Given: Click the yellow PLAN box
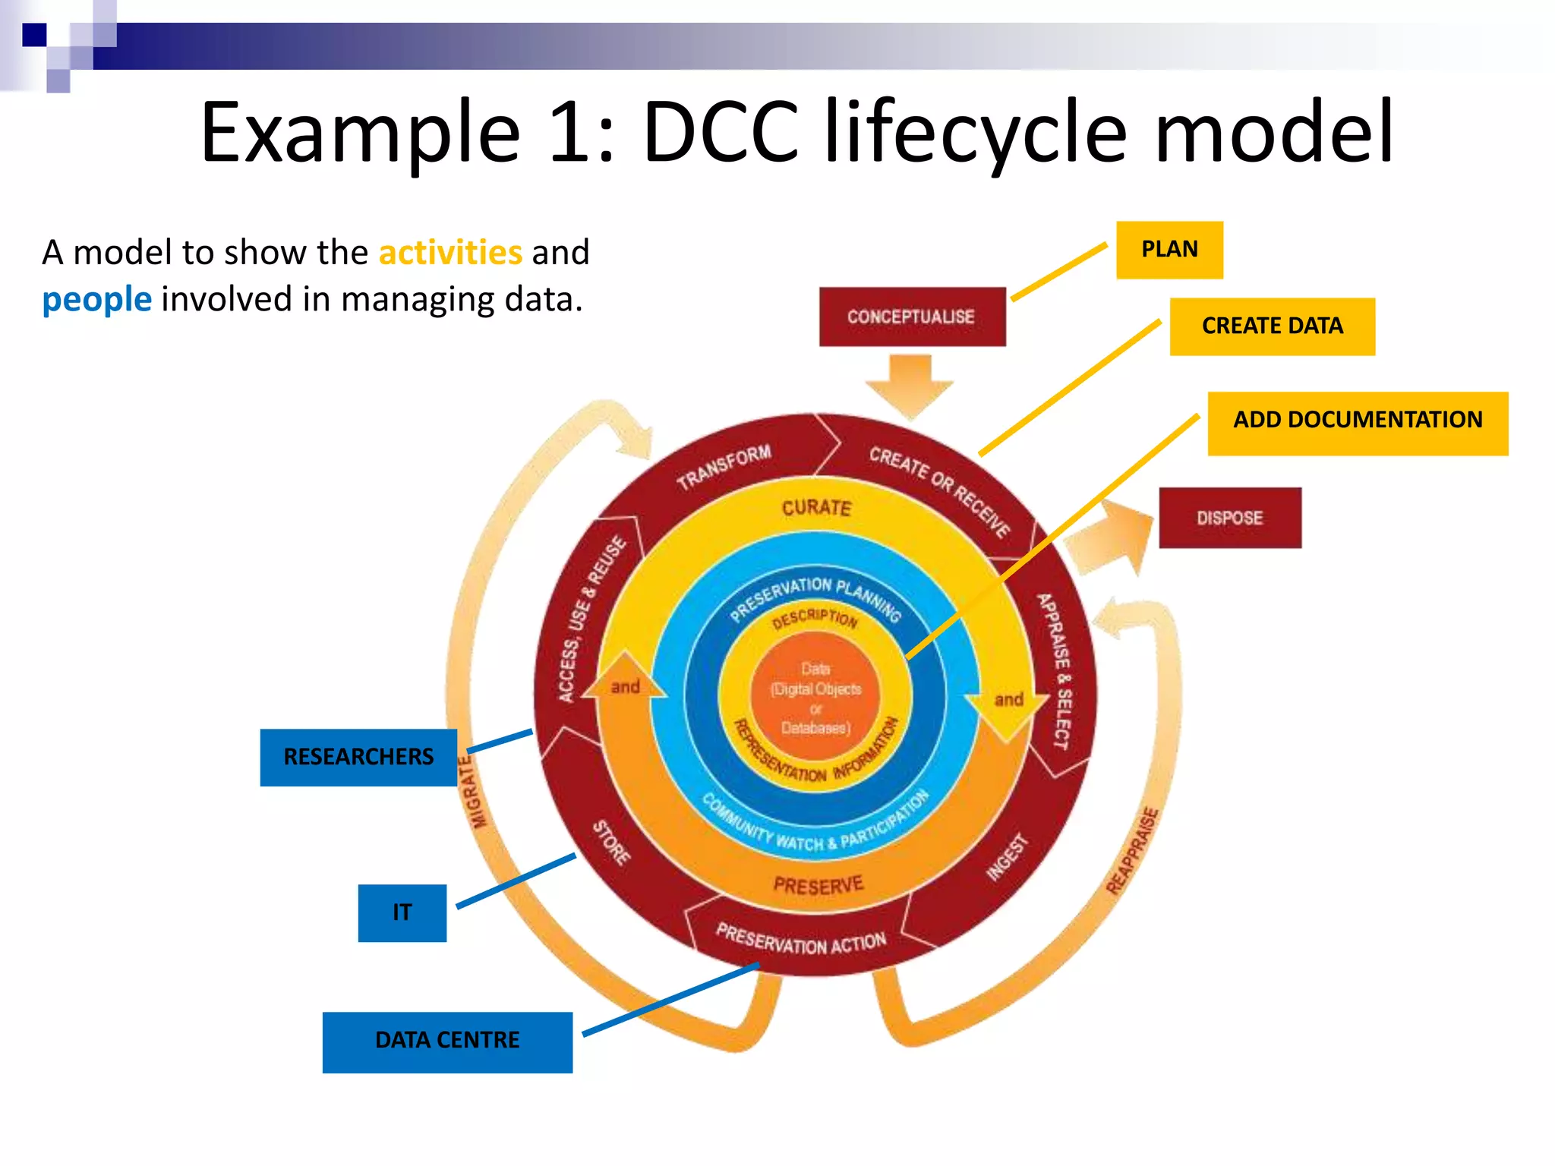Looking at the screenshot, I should tap(1169, 250).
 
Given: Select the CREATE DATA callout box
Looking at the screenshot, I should tap(1272, 326).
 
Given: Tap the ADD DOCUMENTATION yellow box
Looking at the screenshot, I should tap(1357, 423).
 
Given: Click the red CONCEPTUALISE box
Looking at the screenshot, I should tap(912, 317).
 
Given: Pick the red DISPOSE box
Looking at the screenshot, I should tap(1229, 518).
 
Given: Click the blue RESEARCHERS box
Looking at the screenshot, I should tap(358, 757).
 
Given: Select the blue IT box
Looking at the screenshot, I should tap(402, 912).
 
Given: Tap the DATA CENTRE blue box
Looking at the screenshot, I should tap(447, 1041).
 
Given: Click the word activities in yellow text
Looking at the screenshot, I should tap(450, 252).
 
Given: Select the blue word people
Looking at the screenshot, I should tap(96, 299).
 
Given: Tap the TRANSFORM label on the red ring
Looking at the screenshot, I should tap(724, 466).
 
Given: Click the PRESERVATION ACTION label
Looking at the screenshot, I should tap(800, 940).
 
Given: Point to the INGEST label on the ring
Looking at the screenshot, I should tap(1007, 857).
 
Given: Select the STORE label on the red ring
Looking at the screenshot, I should tap(611, 843).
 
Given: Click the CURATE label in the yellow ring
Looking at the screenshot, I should tap(816, 507).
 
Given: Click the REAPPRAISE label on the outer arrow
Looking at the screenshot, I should tap(1132, 851).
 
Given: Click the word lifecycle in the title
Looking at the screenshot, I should tap(976, 133).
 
